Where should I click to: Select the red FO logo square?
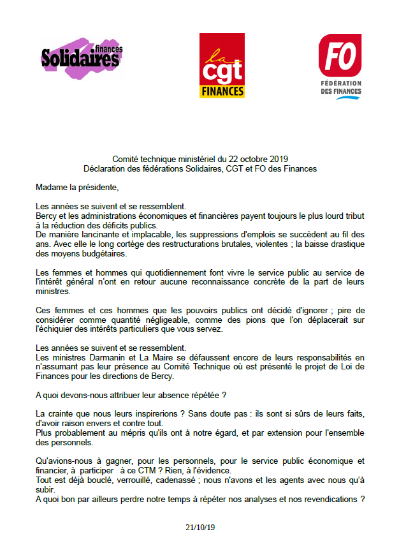click(x=340, y=54)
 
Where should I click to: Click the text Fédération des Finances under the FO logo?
click(x=340, y=90)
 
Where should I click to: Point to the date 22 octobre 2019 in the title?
click(x=249, y=159)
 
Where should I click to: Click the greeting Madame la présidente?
click(x=77, y=188)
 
